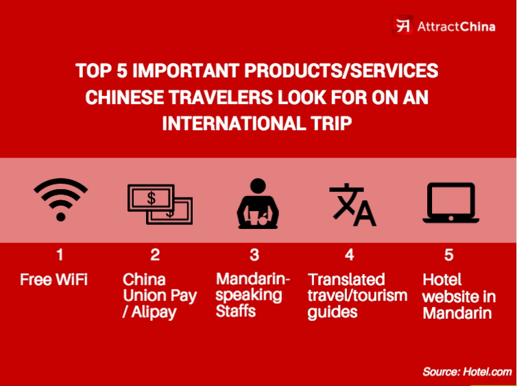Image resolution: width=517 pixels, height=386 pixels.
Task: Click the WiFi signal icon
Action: coord(61,200)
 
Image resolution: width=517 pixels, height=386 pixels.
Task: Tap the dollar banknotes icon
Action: coord(160,204)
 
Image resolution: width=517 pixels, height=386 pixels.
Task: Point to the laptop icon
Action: coord(449,202)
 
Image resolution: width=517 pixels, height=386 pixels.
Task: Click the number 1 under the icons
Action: coord(60,255)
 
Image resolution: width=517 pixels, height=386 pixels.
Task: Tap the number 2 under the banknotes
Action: coord(156,255)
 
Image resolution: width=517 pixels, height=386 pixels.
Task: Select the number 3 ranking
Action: coord(254,255)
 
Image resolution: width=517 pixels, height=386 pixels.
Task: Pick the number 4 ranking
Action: coord(350,255)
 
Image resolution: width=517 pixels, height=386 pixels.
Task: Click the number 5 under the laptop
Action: coord(448,255)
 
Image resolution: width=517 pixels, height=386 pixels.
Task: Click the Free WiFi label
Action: coord(54,280)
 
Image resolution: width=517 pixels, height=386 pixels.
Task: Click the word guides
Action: coord(333,312)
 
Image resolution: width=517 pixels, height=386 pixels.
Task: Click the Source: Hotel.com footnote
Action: coord(467,372)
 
